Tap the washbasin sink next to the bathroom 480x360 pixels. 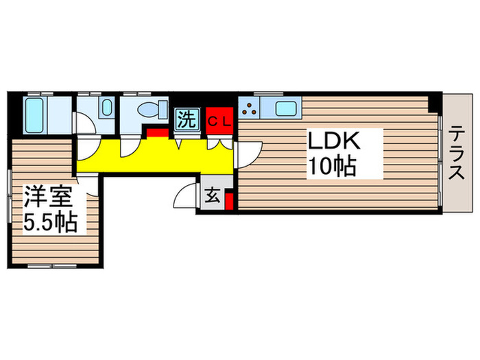pyautogui.click(x=106, y=108)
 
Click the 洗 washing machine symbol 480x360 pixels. pyautogui.click(x=185, y=119)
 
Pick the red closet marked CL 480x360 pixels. pyautogui.click(x=221, y=121)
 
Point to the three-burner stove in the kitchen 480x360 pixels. pyautogui.click(x=250, y=108)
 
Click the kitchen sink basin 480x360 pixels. pyautogui.click(x=285, y=108)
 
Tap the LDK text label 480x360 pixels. pyautogui.click(x=334, y=143)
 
